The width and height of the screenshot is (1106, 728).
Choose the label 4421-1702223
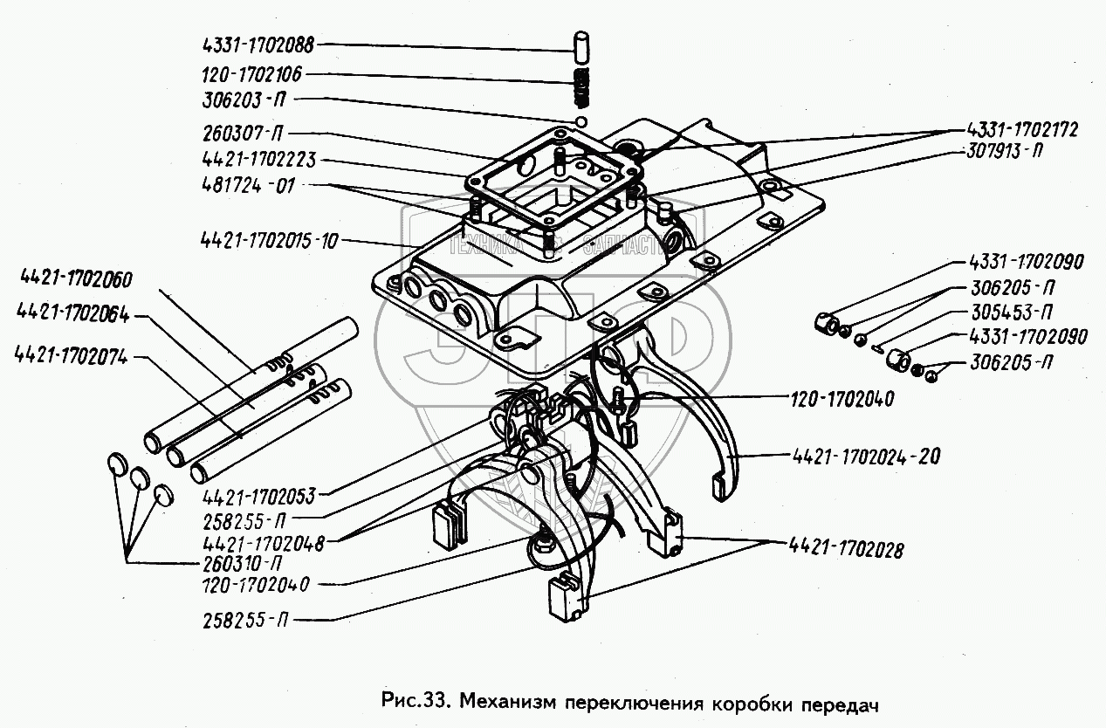pyautogui.click(x=258, y=161)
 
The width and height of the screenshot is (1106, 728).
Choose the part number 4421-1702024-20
pyautogui.click(x=864, y=456)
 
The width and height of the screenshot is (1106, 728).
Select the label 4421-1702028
pyautogui.click(x=846, y=551)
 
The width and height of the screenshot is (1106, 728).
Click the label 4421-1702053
pyautogui.click(x=258, y=497)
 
